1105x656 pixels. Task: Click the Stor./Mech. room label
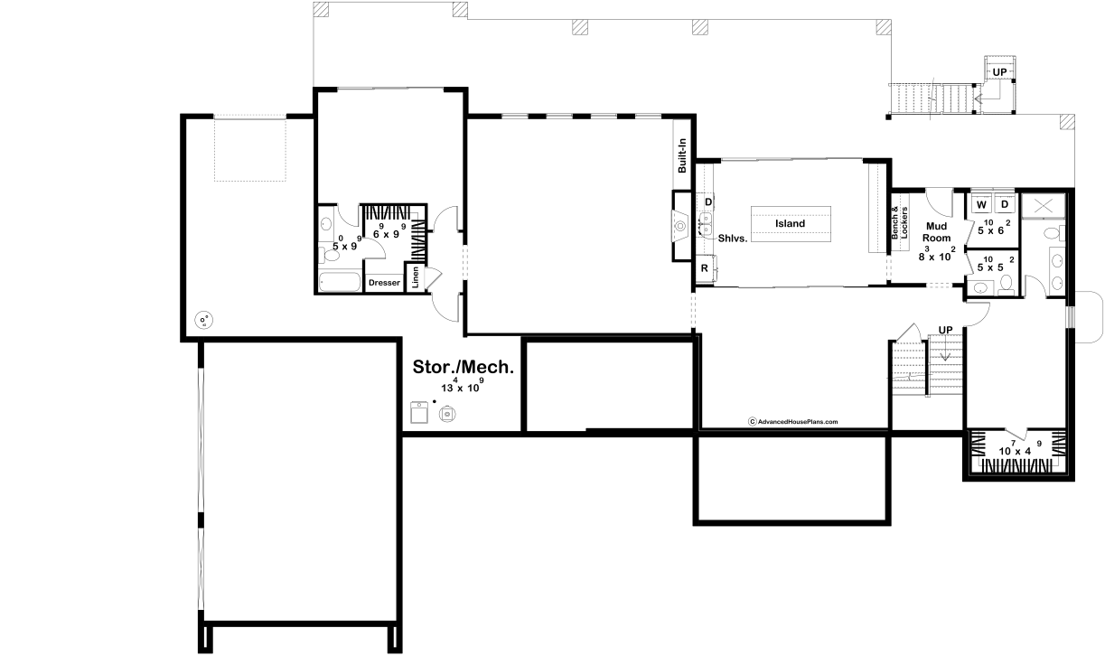tap(464, 367)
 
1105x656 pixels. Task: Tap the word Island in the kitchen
tap(790, 223)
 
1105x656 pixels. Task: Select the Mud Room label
tap(936, 232)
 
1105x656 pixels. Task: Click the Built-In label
tap(682, 155)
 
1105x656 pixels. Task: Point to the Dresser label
tap(384, 283)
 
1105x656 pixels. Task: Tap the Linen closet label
tap(415, 277)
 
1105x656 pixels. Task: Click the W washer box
tap(981, 204)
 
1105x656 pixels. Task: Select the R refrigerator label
tap(705, 268)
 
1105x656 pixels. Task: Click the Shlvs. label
tap(733, 239)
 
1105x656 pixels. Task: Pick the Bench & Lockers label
tap(899, 223)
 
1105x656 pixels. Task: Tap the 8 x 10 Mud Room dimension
tap(937, 254)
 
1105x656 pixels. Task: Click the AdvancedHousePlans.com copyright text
tap(792, 422)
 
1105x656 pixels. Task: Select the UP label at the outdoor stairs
tap(999, 72)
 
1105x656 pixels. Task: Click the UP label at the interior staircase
tap(945, 330)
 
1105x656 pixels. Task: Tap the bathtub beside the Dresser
tap(340, 282)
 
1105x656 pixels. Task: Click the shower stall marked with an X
tap(1043, 206)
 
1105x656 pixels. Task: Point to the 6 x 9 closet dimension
tap(389, 231)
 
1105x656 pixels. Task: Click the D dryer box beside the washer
tap(1005, 204)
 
